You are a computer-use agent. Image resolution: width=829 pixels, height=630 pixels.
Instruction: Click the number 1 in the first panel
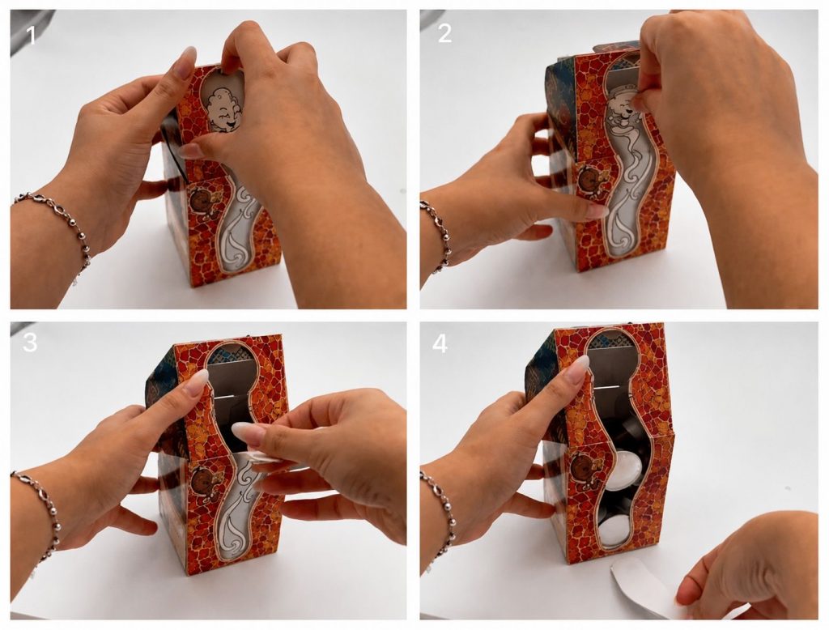31,36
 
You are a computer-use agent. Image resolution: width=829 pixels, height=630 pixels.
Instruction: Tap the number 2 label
444,34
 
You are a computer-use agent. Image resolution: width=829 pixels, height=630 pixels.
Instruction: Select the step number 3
30,343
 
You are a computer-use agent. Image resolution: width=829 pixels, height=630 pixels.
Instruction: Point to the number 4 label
440,344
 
